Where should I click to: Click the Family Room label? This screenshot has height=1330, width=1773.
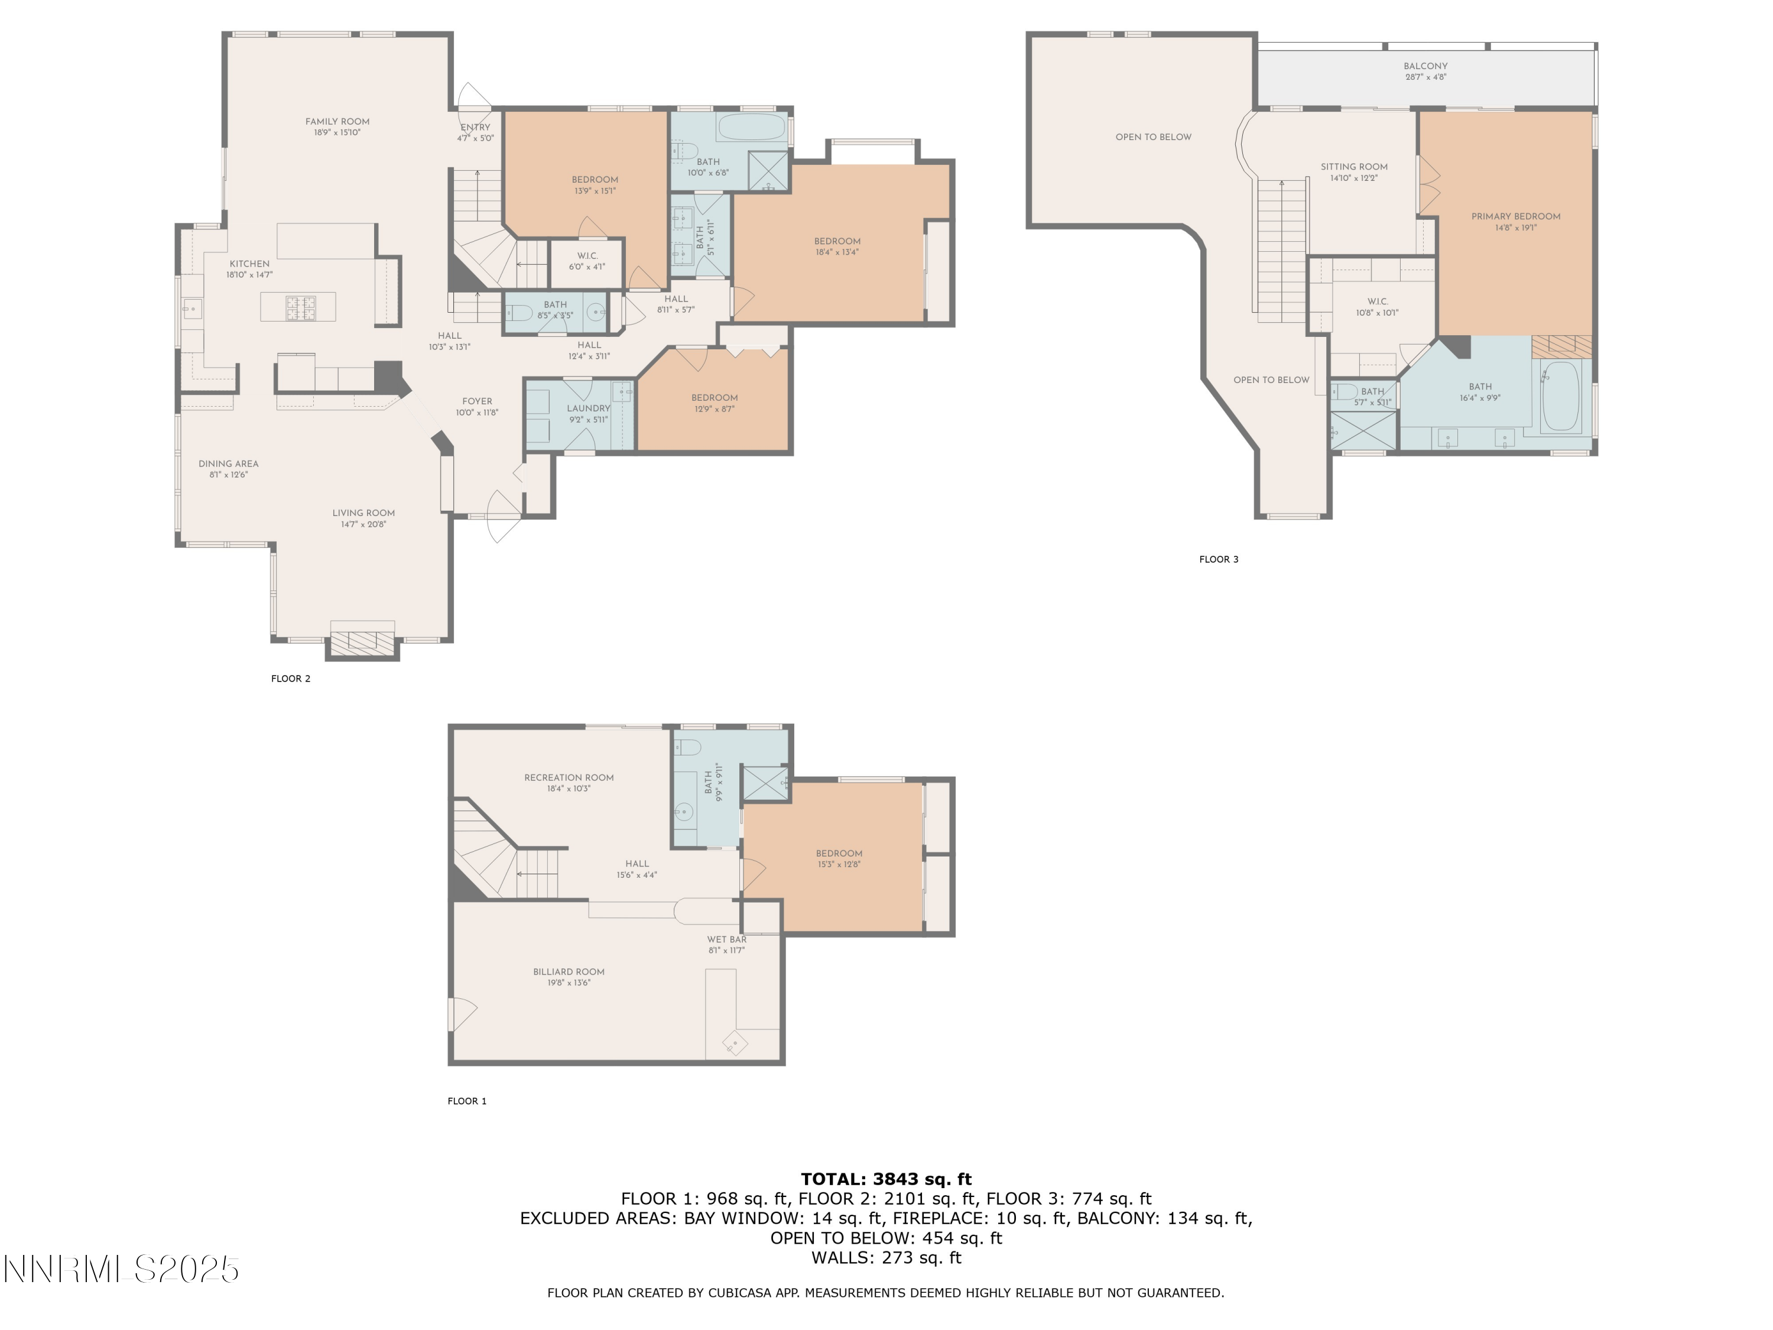(x=337, y=122)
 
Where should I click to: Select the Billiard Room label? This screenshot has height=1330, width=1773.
(x=569, y=972)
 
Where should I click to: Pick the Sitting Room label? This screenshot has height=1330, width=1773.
(x=1355, y=167)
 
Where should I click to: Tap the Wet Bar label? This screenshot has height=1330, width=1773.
(x=727, y=940)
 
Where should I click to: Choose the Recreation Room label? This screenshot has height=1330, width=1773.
(x=569, y=778)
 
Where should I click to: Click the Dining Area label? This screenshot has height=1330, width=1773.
(x=229, y=463)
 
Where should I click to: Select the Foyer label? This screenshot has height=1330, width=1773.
(x=477, y=401)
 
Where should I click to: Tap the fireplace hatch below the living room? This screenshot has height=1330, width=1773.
(x=363, y=641)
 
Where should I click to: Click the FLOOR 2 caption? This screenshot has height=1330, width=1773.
(x=291, y=679)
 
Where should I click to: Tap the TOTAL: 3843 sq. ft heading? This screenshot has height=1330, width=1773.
(x=886, y=1179)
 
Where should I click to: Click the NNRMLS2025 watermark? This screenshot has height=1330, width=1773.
(x=121, y=1269)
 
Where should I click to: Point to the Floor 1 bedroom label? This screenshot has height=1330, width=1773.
(x=839, y=854)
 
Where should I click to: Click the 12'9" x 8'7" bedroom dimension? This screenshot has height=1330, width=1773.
(x=714, y=409)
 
